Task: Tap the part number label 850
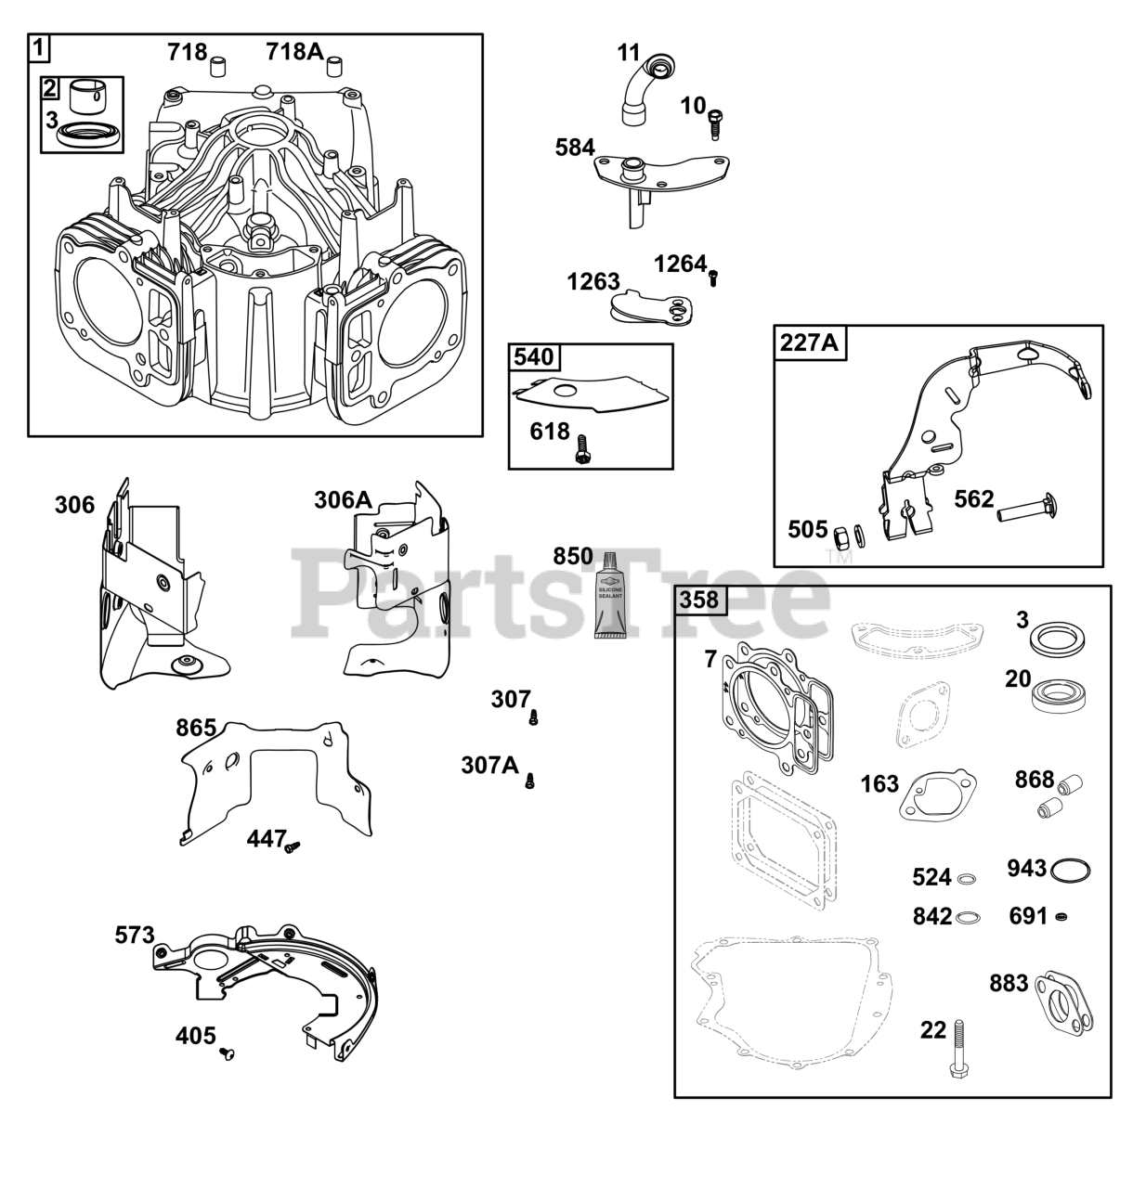point(572,556)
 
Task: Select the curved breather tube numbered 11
point(646,87)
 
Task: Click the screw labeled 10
point(716,123)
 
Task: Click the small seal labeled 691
point(1062,917)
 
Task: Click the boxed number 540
point(533,357)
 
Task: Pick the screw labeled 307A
point(530,781)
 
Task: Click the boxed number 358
point(698,600)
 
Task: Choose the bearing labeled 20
point(1057,694)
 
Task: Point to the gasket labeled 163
point(932,795)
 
